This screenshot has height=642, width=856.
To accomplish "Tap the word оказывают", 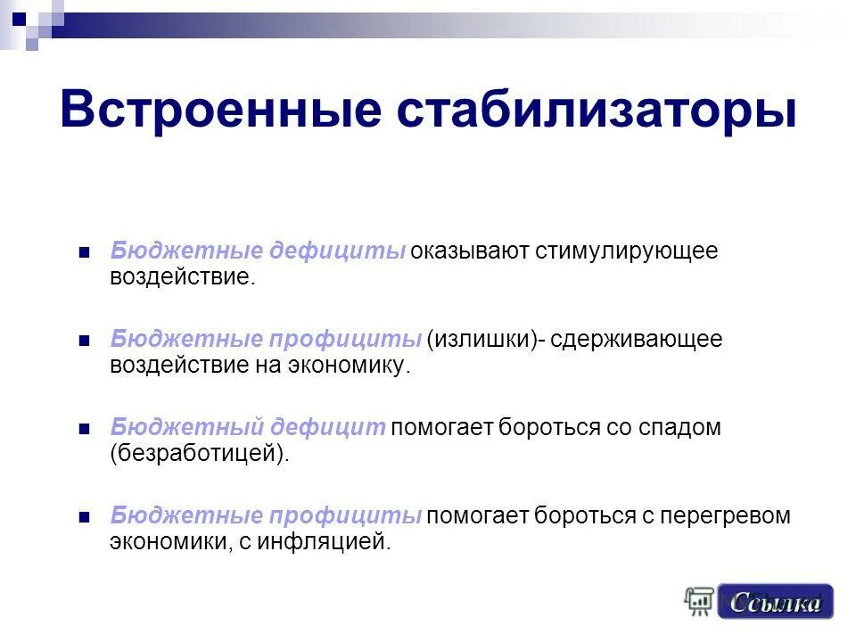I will [470, 251].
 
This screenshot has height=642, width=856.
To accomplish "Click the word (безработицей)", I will [201, 454].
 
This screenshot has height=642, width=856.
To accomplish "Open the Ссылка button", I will [775, 603].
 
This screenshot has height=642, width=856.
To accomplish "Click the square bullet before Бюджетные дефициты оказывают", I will [85, 251].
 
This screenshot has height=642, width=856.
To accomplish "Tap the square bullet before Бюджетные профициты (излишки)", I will [85, 340].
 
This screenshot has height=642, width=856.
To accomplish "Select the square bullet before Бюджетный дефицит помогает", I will [85, 429].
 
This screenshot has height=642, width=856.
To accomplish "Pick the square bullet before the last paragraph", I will [85, 517].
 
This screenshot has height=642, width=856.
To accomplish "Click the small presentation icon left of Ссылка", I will [700, 602].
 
